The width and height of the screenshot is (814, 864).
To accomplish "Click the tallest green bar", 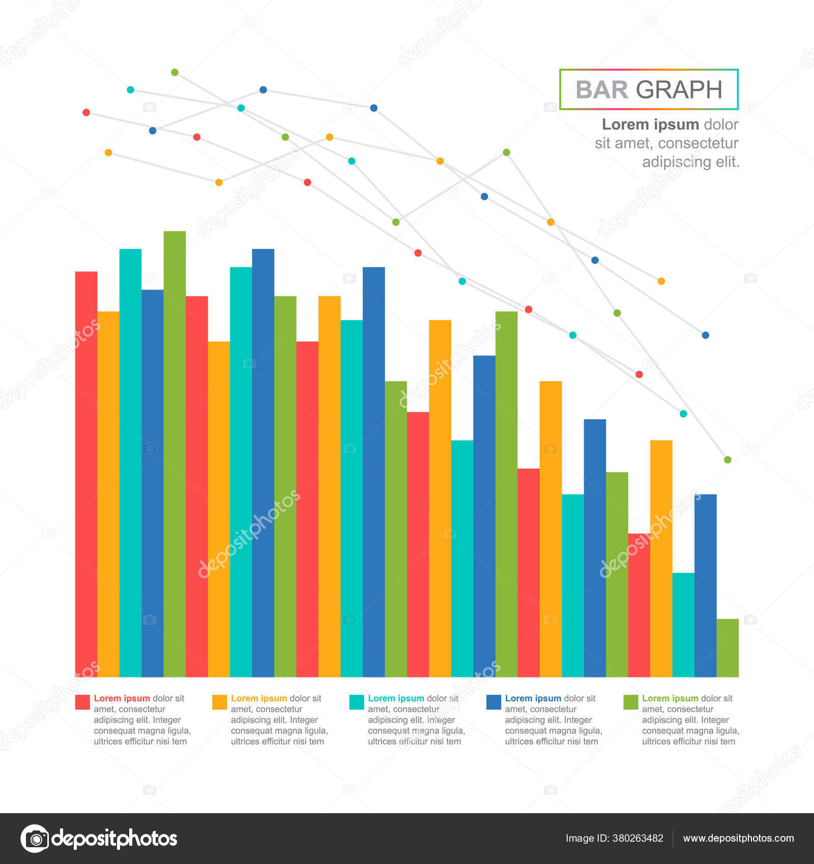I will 175,452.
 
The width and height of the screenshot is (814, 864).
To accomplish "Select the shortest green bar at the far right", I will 728,648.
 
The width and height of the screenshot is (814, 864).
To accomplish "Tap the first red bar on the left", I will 86,473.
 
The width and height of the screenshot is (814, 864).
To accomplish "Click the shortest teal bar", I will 683,625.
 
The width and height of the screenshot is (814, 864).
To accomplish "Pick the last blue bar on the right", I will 705,584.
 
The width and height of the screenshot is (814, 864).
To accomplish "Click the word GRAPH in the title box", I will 679,90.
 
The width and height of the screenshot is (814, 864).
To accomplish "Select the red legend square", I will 82,702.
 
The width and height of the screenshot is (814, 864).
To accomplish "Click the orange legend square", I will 219,702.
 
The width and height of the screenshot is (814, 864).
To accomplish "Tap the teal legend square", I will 357,702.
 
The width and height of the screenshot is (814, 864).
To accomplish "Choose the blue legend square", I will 493,702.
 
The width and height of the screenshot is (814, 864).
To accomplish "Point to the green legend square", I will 631,702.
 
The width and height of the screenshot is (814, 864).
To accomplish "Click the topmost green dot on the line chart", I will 175,72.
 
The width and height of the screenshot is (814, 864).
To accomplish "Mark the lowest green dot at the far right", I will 728,459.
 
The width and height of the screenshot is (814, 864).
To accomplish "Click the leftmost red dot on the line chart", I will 86,112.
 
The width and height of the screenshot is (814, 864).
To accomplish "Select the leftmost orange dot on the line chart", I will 108,152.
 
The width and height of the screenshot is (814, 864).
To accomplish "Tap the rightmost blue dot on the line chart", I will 705,335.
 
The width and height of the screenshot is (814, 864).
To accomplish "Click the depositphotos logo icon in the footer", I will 35,838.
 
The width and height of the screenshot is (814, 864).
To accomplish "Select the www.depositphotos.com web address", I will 738,838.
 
